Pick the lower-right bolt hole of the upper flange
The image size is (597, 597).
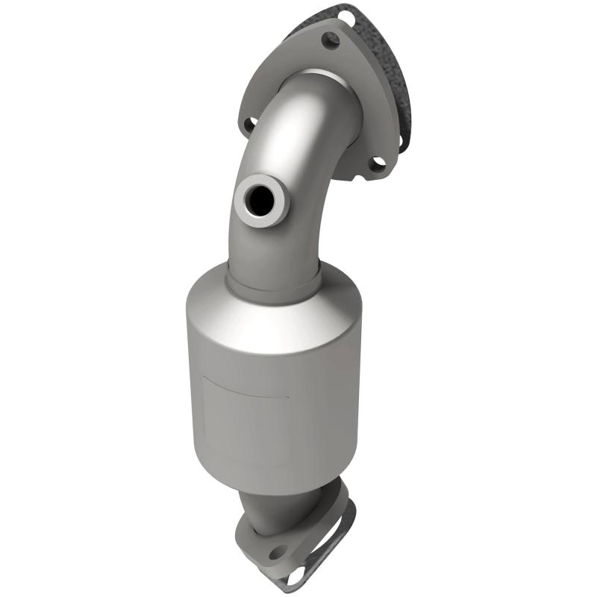pyautogui.click(x=378, y=164)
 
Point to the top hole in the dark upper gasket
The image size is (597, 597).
pyautogui.click(x=345, y=16)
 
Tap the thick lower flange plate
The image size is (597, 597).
pyautogui.click(x=246, y=548)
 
